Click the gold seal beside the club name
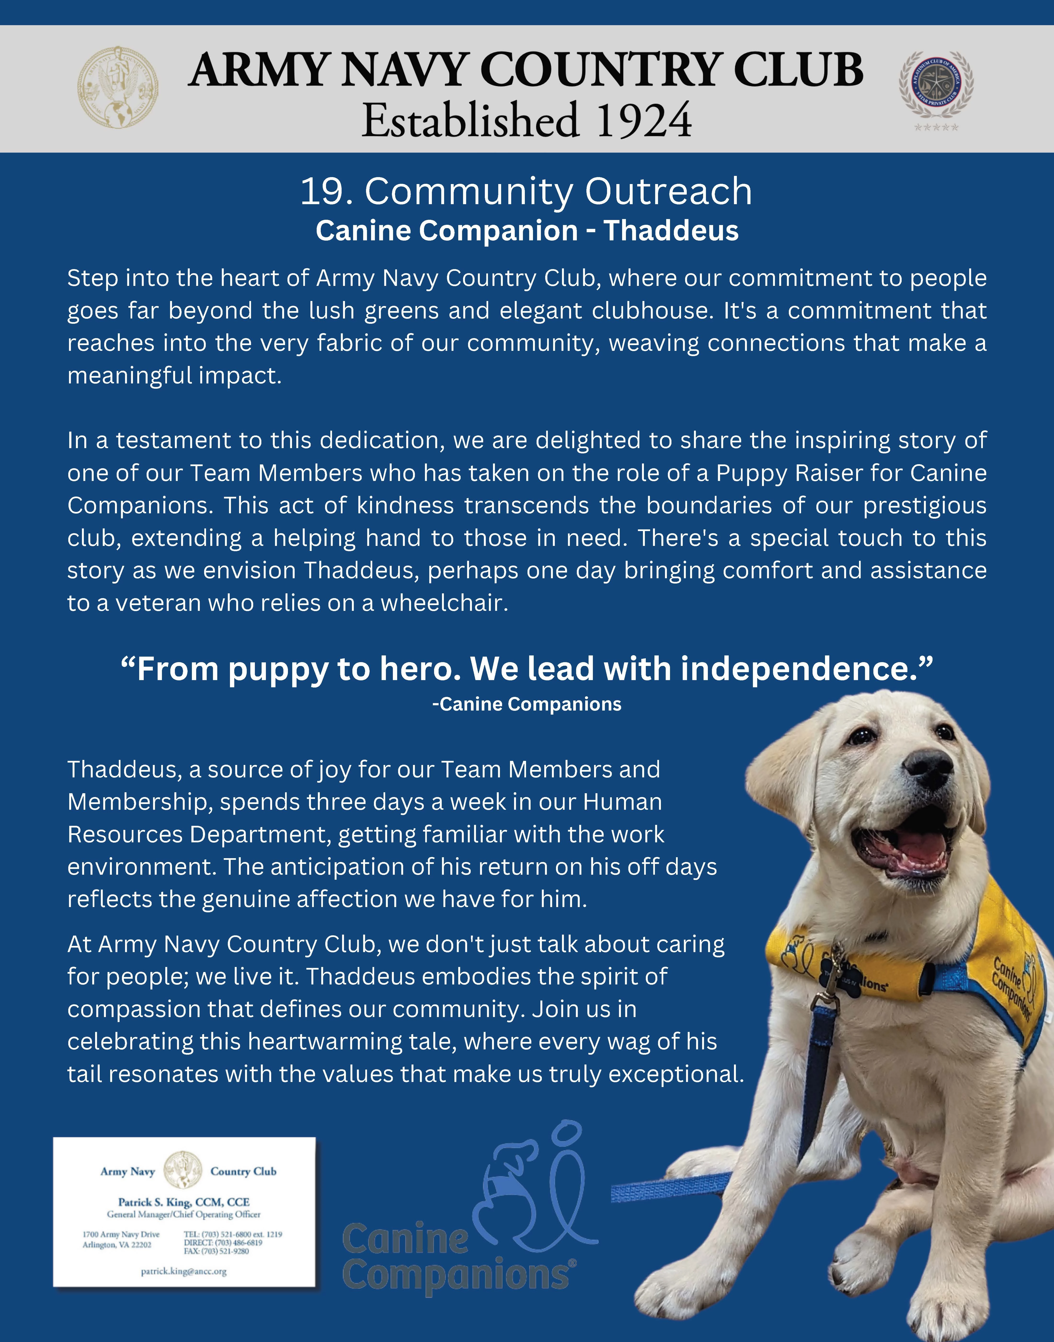coord(117,88)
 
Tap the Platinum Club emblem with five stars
coord(936,85)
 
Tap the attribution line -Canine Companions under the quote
coord(526,704)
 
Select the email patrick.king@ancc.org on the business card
coord(184,1272)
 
